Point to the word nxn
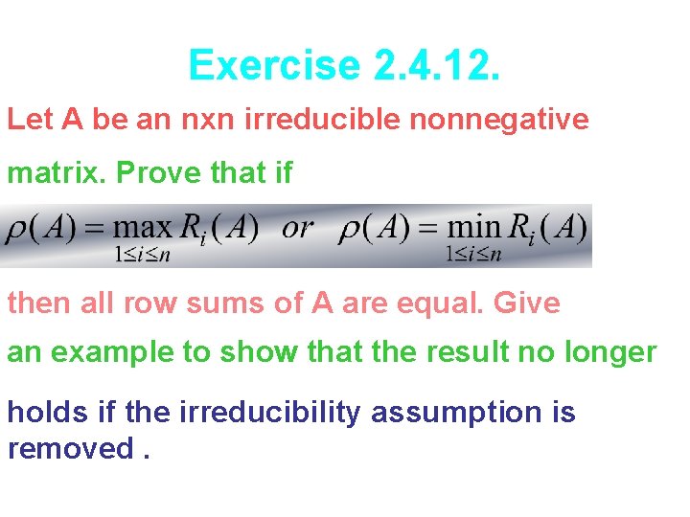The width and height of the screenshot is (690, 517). (x=209, y=120)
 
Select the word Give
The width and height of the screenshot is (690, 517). (x=526, y=303)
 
